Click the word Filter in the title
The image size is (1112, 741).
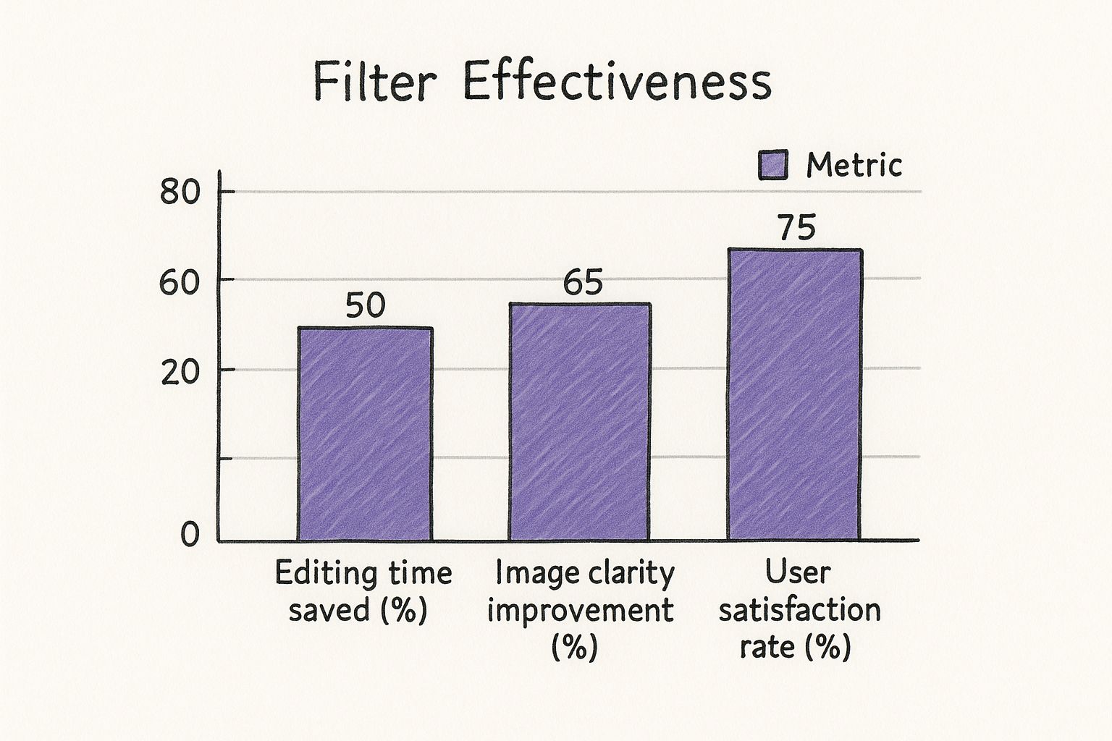tap(374, 82)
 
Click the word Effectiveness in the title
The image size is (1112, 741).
tap(617, 82)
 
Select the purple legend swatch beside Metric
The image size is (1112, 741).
tap(772, 165)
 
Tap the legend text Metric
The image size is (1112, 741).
tap(854, 166)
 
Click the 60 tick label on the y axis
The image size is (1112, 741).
tap(179, 283)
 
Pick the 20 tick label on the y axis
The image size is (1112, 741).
tap(179, 373)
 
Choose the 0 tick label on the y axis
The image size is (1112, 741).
tap(189, 535)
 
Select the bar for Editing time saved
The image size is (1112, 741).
tap(365, 434)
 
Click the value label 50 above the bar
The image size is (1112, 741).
tap(365, 306)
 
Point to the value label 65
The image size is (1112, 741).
tap(583, 283)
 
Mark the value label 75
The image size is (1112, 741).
tap(796, 229)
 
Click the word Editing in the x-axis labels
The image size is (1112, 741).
tap(321, 574)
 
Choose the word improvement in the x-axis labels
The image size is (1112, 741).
tap(581, 610)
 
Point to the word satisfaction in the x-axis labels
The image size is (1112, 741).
tap(799, 610)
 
